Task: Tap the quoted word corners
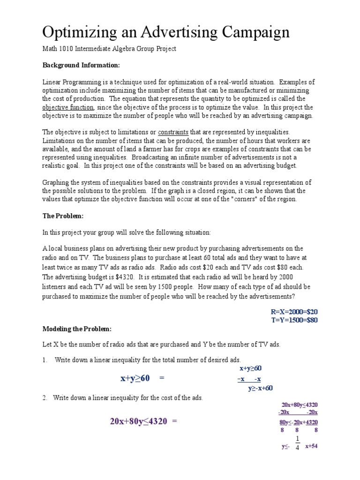pos(240,199)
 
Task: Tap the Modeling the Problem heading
pos(77,328)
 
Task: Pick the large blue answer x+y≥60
pos(135,378)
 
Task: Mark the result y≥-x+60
pos(260,388)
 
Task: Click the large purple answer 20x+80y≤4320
pos(138,421)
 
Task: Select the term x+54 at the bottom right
pos(311,446)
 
